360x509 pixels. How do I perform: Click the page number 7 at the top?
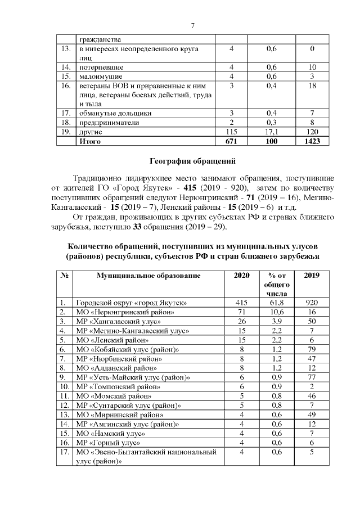192,26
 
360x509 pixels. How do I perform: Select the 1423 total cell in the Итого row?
312,142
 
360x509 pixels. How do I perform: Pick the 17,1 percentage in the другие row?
272,132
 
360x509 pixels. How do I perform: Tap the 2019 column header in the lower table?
312,275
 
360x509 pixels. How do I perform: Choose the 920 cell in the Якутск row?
312,303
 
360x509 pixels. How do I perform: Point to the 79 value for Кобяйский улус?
312,349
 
